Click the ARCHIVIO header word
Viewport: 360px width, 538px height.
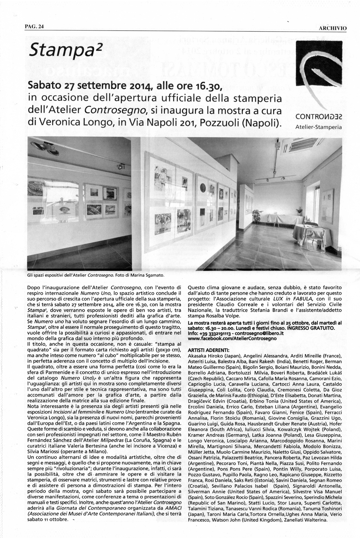[333, 28]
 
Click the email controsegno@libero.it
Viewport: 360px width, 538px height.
[258, 333]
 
